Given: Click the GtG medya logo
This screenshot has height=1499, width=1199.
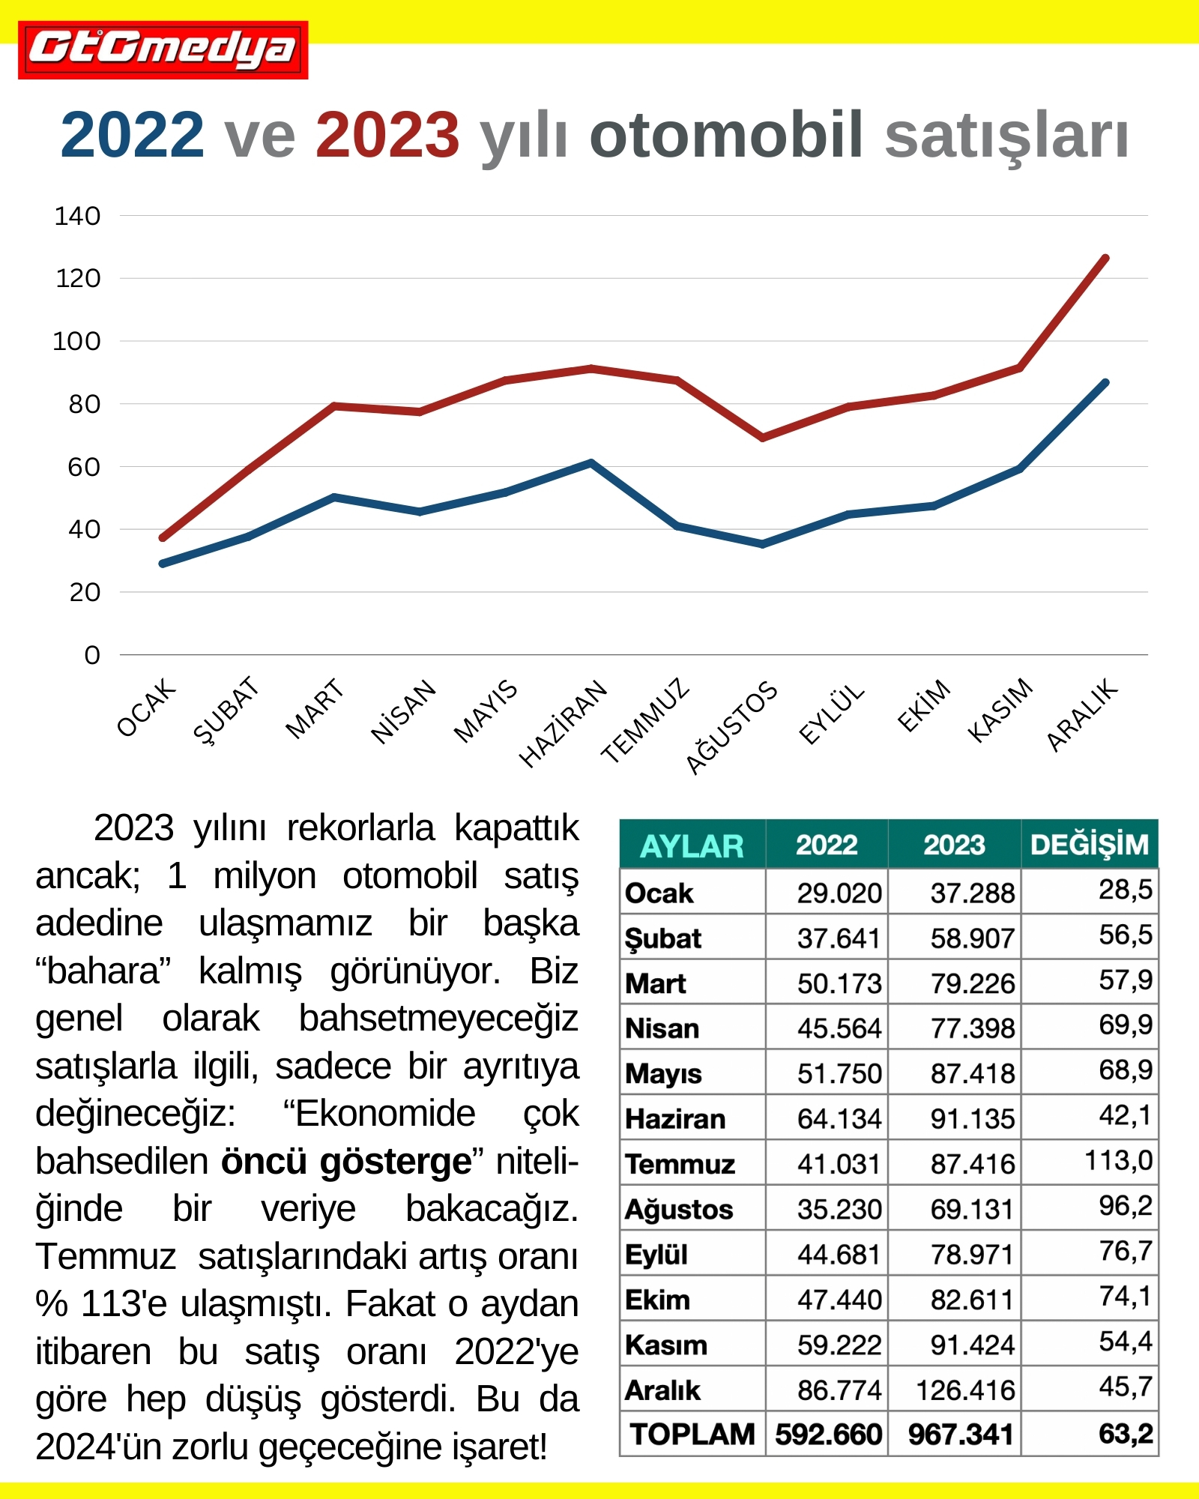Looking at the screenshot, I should pos(163,49).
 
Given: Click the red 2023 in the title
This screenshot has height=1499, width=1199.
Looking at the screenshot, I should pos(387,136).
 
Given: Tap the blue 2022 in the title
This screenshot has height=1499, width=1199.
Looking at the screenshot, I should pos(132,136).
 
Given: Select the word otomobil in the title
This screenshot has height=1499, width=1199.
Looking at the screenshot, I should pos(726,136).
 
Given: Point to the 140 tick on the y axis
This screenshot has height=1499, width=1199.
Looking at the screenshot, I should pos(77,216).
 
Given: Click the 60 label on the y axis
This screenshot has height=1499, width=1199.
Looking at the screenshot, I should pos(83,467).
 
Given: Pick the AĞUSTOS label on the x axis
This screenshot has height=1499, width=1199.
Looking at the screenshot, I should pos(732,726).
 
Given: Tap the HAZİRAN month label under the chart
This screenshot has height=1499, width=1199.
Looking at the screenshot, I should pos(564,723).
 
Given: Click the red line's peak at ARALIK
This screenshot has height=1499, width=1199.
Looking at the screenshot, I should pos(1105,259).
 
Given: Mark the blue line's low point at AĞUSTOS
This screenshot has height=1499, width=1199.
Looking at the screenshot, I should pos(762,544).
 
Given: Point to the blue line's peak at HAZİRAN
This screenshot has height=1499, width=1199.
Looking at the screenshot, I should pos(591,463).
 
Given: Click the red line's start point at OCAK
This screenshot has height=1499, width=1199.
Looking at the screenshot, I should pos(163,537).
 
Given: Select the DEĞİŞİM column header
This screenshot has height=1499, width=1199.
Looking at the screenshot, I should pos(1089,845).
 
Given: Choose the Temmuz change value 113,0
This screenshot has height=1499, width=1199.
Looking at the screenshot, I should pos(1118,1161).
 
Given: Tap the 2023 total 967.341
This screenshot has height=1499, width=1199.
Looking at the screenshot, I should pos(960,1435).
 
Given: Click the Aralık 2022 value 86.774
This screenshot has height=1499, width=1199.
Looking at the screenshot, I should pos(839,1390).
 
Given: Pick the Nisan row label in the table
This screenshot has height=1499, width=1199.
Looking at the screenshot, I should pos(662,1028).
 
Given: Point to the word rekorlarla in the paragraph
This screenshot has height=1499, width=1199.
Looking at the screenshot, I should pos(360,829).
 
